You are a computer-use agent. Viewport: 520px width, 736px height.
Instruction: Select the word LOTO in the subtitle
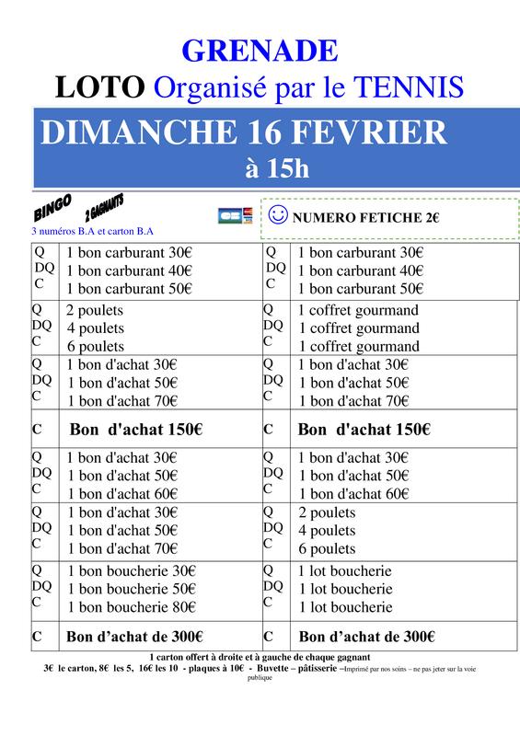point(100,87)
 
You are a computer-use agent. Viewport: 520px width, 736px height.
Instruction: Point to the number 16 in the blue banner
point(269,132)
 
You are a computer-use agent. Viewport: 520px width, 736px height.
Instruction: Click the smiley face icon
point(277,215)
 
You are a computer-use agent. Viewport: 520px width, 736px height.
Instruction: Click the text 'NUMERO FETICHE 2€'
point(366,218)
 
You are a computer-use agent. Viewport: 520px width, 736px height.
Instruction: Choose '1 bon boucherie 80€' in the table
point(131,606)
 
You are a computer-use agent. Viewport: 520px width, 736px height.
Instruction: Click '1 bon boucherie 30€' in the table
point(131,570)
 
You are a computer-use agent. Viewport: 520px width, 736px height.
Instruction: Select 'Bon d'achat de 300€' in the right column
point(367,635)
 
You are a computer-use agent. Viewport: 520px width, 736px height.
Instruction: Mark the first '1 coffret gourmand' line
point(358,310)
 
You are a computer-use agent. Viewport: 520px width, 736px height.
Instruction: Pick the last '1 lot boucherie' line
point(345,607)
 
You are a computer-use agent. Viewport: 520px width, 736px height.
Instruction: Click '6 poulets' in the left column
point(95,346)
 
